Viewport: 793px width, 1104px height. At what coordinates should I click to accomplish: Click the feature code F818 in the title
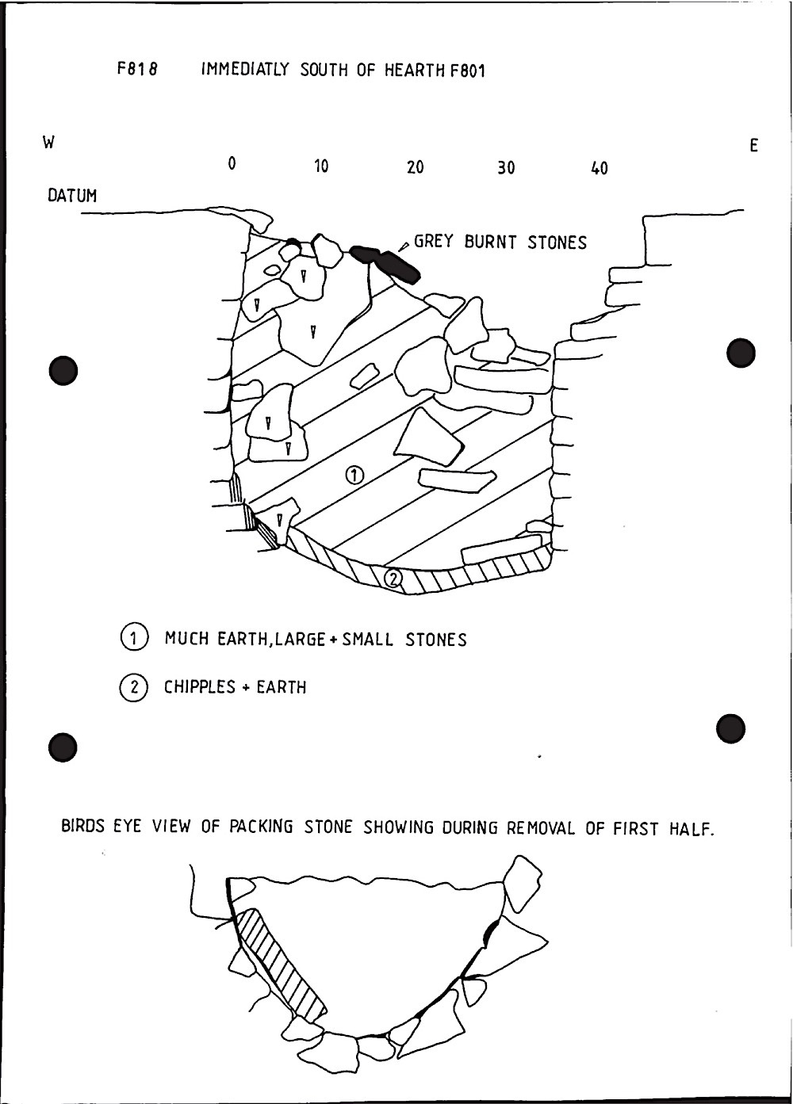click(x=138, y=70)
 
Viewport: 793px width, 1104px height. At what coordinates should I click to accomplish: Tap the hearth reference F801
click(x=467, y=71)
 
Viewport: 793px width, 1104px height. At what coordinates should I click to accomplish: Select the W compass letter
click(x=49, y=143)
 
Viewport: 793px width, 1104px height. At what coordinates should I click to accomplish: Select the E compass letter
click(x=753, y=145)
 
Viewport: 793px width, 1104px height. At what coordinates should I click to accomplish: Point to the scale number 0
click(x=232, y=164)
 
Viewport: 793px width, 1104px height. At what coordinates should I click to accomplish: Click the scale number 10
click(x=320, y=166)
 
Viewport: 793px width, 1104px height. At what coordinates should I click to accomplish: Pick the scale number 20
click(x=415, y=167)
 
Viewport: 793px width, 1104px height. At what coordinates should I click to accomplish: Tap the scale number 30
click(x=506, y=168)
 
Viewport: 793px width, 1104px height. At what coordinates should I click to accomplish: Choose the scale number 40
click(x=600, y=168)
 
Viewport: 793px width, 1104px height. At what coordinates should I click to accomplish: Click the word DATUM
click(x=72, y=196)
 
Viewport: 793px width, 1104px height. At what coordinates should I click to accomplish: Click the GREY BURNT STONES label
click(x=500, y=243)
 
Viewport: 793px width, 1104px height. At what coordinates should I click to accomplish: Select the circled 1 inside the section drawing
click(x=354, y=475)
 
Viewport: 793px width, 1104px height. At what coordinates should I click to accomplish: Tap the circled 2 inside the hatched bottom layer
click(x=393, y=579)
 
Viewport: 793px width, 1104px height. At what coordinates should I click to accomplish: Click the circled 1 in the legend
click(x=133, y=638)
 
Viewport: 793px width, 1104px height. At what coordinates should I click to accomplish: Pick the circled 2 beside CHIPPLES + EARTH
click(x=132, y=687)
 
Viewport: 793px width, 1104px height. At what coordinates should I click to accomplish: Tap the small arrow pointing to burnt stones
click(x=404, y=246)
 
